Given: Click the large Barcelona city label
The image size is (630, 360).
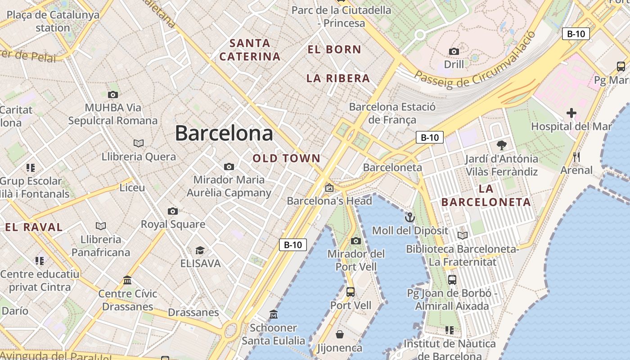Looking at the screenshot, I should click(224, 133).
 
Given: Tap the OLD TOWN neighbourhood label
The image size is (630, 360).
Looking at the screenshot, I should click(286, 158).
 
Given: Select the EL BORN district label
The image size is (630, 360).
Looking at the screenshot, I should click(334, 49).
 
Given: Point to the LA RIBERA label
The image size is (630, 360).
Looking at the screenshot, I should click(338, 78).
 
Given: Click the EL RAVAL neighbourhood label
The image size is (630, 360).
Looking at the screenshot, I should click(34, 227).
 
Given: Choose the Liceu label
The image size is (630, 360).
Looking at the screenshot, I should click(132, 188).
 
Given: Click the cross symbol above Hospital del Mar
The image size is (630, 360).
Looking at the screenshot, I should click(571, 113).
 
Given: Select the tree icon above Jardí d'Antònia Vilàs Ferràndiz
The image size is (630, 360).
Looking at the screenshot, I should click(501, 145).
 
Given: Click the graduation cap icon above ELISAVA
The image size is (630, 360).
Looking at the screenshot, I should click(200, 250).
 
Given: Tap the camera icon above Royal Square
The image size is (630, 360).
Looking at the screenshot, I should click(172, 211).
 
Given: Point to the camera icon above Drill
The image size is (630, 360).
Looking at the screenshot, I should click(454, 51).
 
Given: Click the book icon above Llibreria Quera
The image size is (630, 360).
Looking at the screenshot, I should click(138, 143).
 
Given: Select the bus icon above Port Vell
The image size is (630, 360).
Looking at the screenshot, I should click(351, 292).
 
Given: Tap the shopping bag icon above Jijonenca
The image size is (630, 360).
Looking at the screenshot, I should click(340, 334).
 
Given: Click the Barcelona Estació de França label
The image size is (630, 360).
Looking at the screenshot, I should click(392, 113).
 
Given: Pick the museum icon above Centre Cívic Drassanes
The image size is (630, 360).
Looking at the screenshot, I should click(127, 280).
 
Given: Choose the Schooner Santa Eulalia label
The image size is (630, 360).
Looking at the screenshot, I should click(273, 334).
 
